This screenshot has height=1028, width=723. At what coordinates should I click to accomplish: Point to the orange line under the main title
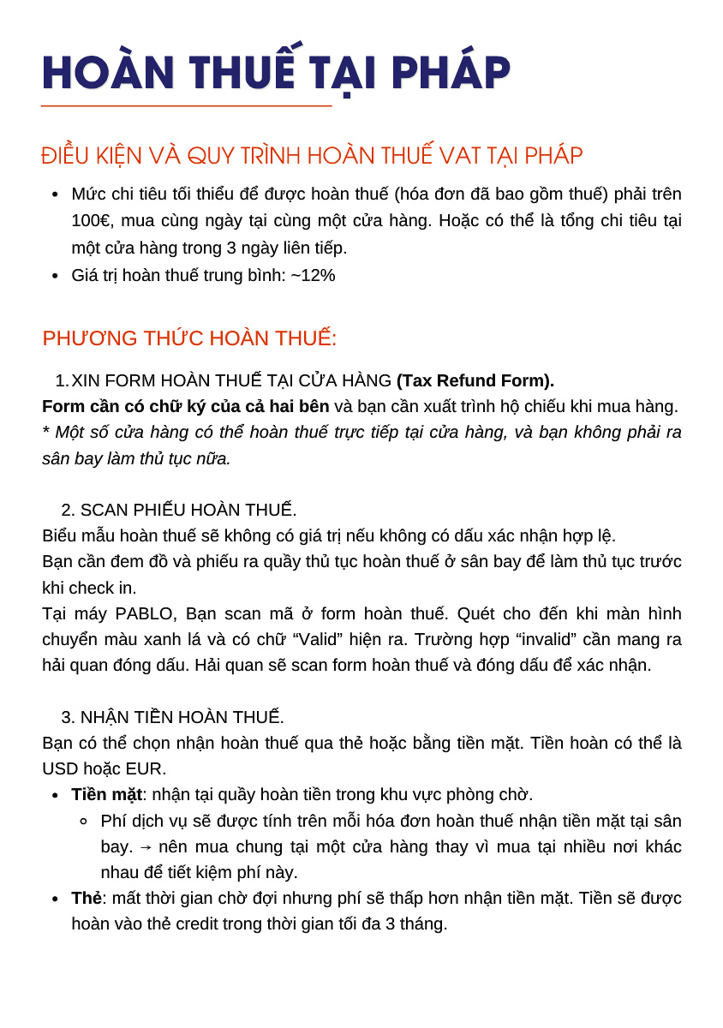[186, 106]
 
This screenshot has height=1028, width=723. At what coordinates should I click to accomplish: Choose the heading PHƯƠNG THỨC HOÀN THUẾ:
[189, 338]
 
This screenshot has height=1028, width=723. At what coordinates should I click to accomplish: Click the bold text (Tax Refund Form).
[475, 380]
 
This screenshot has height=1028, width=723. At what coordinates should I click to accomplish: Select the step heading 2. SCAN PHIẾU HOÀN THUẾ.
[179, 510]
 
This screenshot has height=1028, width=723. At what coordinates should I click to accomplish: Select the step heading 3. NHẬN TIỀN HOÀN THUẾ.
[172, 717]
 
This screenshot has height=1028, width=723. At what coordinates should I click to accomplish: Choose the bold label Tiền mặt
[106, 794]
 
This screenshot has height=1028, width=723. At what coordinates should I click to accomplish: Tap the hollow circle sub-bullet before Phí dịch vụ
[83, 821]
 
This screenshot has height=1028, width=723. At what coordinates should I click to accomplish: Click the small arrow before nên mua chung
[146, 847]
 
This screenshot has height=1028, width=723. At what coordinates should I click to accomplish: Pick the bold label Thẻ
[87, 898]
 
